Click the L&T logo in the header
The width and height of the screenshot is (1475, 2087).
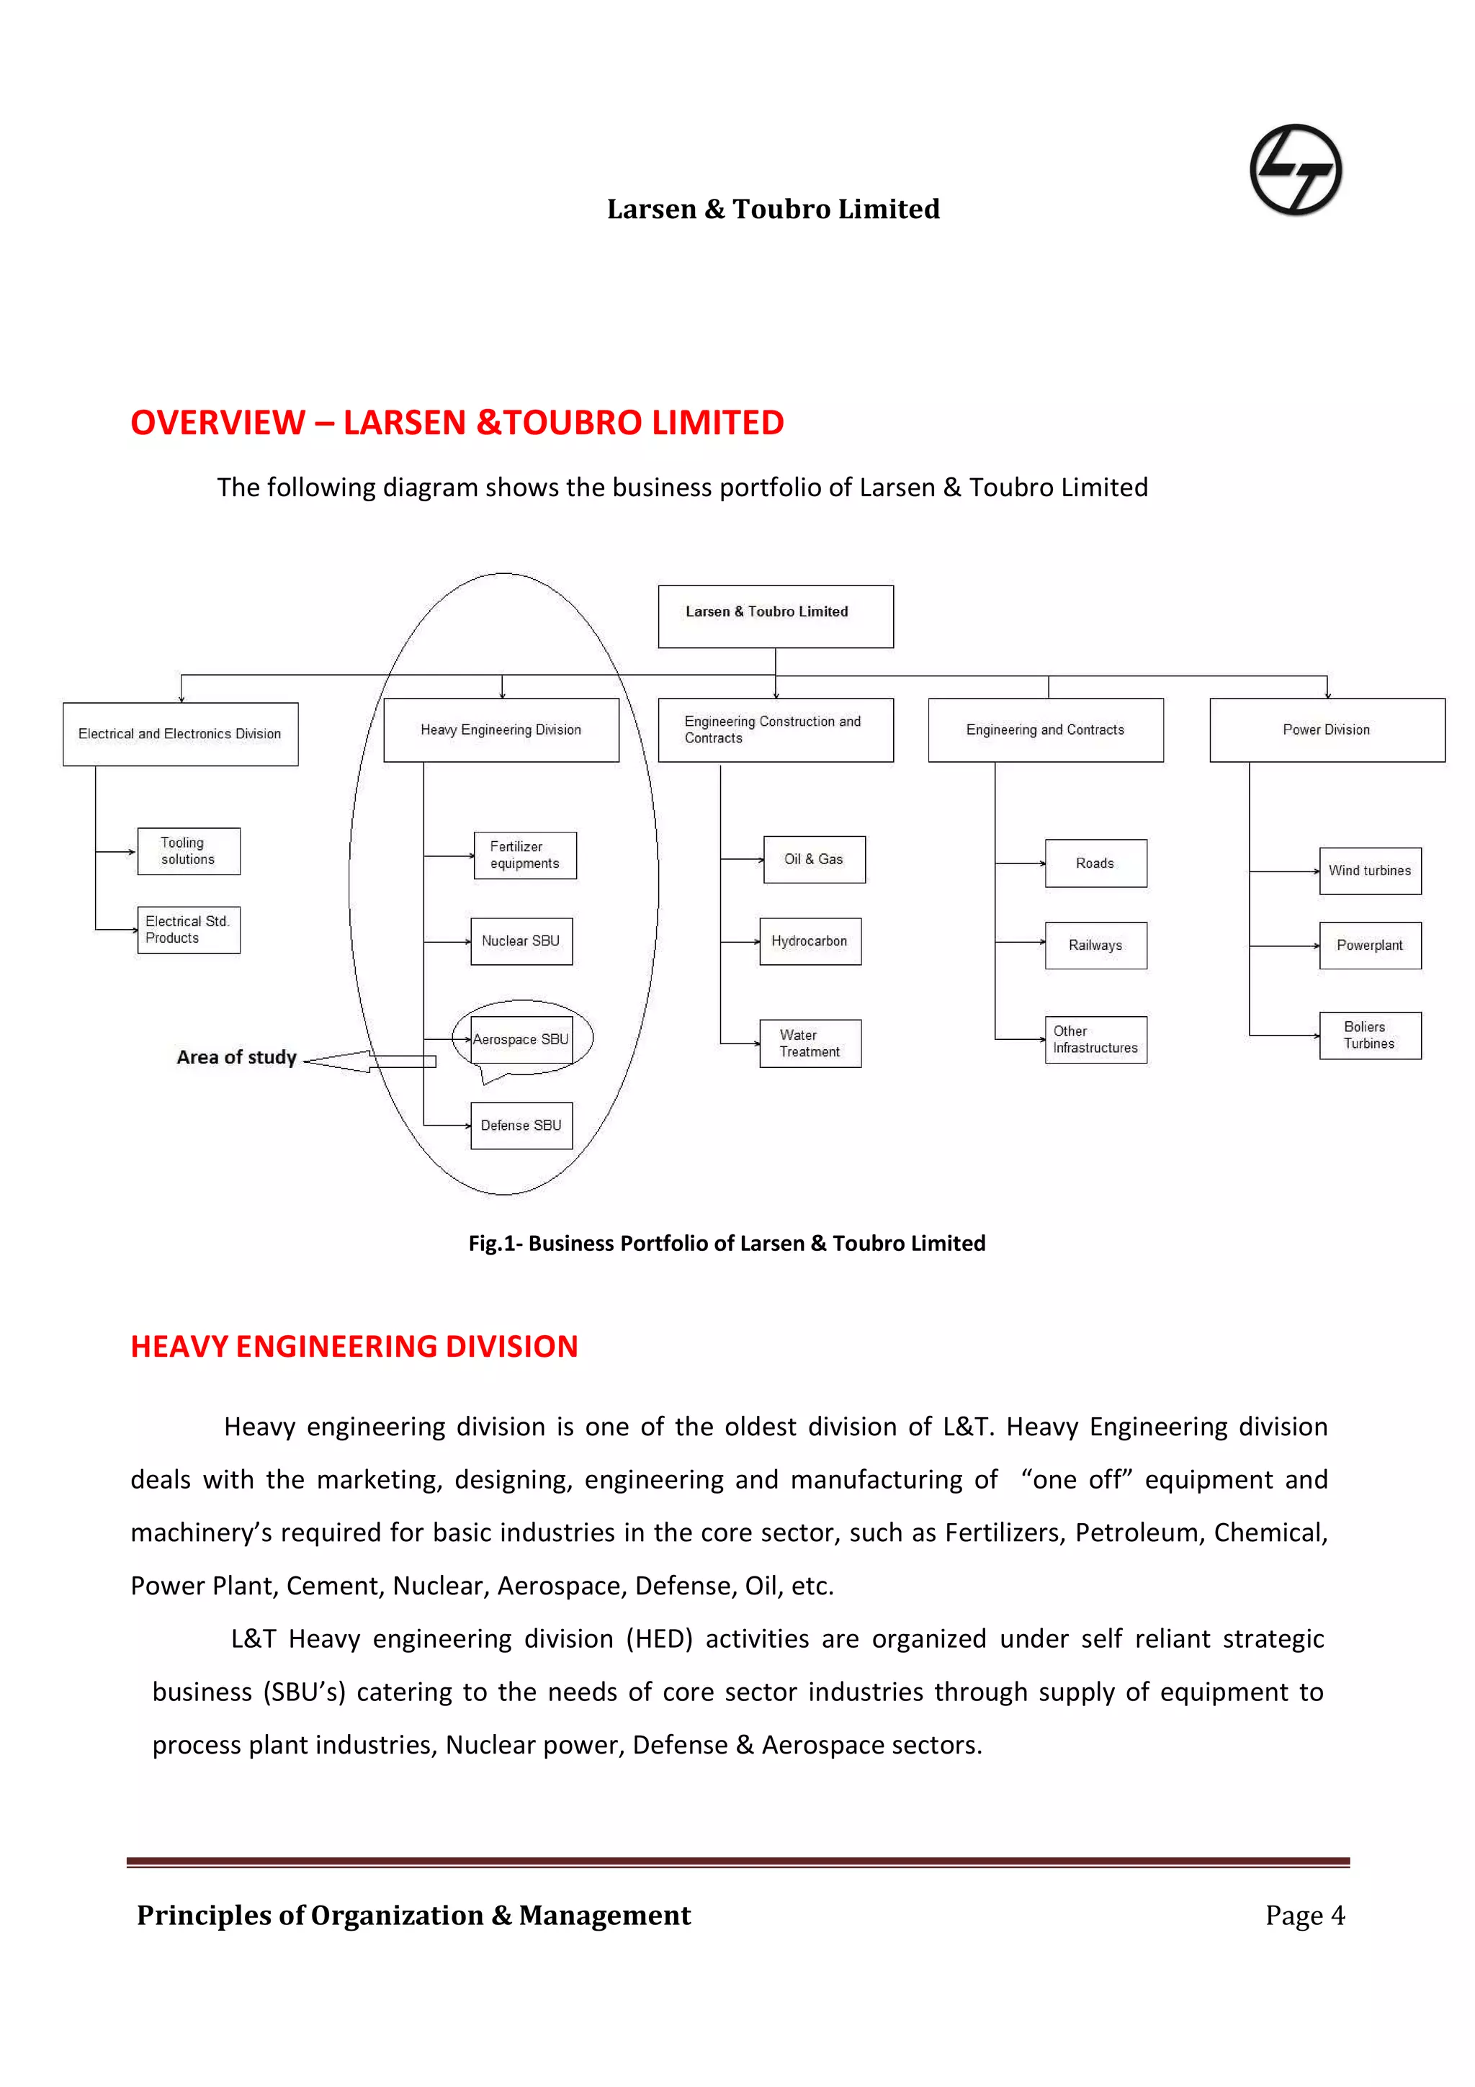(x=1295, y=170)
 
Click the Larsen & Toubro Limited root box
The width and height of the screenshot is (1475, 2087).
(x=775, y=616)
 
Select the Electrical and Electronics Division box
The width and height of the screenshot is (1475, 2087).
(x=180, y=734)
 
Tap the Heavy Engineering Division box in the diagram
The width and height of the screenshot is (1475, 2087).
(x=501, y=730)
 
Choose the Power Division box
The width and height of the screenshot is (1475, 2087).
(x=1326, y=730)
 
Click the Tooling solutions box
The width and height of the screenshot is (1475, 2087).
(x=188, y=850)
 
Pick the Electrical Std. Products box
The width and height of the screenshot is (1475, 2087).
(x=188, y=929)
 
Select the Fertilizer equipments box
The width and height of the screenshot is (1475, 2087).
(x=524, y=856)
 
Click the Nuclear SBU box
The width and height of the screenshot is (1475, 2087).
(x=521, y=941)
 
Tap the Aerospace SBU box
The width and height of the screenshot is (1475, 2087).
(x=521, y=1039)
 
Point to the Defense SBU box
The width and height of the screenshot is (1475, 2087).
(x=521, y=1126)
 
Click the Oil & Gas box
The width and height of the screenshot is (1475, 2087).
(x=813, y=859)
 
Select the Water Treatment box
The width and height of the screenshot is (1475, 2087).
(x=810, y=1043)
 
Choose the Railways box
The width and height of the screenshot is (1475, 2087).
(x=1095, y=946)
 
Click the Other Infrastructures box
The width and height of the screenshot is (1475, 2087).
(x=1095, y=1040)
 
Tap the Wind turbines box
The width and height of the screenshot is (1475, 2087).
(x=1370, y=871)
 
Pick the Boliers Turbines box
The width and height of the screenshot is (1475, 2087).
(x=1370, y=1036)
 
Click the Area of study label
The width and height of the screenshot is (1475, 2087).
(x=236, y=1057)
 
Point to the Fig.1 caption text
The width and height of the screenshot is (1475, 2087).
(x=726, y=1244)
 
